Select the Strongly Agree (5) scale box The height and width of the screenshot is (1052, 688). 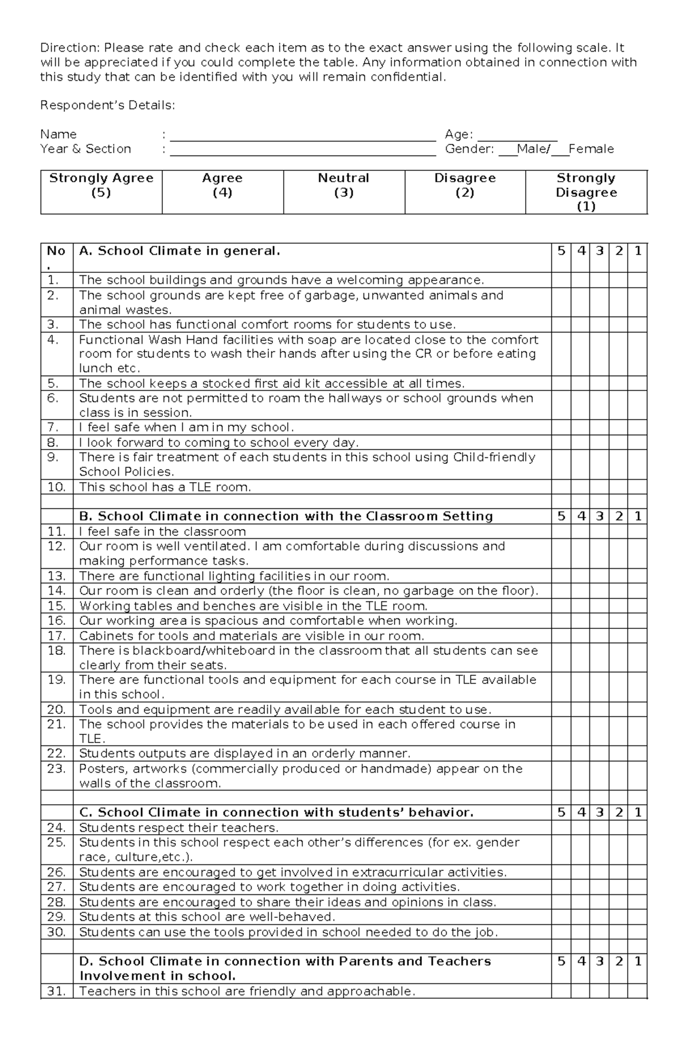click(101, 192)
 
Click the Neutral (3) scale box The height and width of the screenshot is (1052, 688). click(344, 192)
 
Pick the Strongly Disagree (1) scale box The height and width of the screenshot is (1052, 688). click(586, 192)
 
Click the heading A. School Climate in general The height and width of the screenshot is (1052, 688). click(179, 251)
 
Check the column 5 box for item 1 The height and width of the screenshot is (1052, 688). click(561, 280)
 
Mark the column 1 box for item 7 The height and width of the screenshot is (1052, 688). click(638, 428)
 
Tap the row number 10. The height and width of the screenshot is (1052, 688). click(57, 487)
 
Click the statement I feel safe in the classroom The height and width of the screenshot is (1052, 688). click(162, 531)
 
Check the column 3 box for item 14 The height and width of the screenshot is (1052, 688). click(600, 591)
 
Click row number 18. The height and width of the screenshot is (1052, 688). click(57, 651)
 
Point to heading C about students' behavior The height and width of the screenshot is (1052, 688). click(276, 812)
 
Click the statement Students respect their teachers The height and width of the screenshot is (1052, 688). click(178, 828)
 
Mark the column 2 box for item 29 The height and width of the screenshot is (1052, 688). click(619, 917)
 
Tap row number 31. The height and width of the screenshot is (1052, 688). click(57, 991)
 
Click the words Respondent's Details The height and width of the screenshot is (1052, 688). click(107, 105)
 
